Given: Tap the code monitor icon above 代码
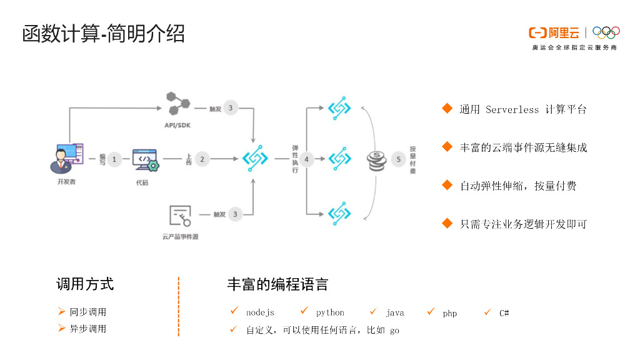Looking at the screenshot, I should click(145, 160).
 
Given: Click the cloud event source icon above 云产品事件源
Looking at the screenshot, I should click(180, 216).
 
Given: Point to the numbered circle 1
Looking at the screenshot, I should click(114, 159).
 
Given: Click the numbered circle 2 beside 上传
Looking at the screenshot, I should click(202, 159).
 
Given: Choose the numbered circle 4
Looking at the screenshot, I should click(306, 159).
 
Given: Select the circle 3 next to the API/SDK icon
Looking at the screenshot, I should click(230, 108).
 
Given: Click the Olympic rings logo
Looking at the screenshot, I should click(606, 32).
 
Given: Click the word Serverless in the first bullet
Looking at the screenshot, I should click(512, 109).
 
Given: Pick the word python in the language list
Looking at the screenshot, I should click(330, 312).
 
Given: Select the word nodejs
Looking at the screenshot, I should click(260, 312).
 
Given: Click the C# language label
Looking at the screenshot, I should click(504, 312).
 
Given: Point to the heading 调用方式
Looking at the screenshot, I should click(85, 284).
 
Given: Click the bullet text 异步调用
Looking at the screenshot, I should click(87, 329).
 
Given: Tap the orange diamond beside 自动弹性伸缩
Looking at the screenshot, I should click(447, 185).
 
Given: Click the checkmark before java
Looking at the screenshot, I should click(373, 311).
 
